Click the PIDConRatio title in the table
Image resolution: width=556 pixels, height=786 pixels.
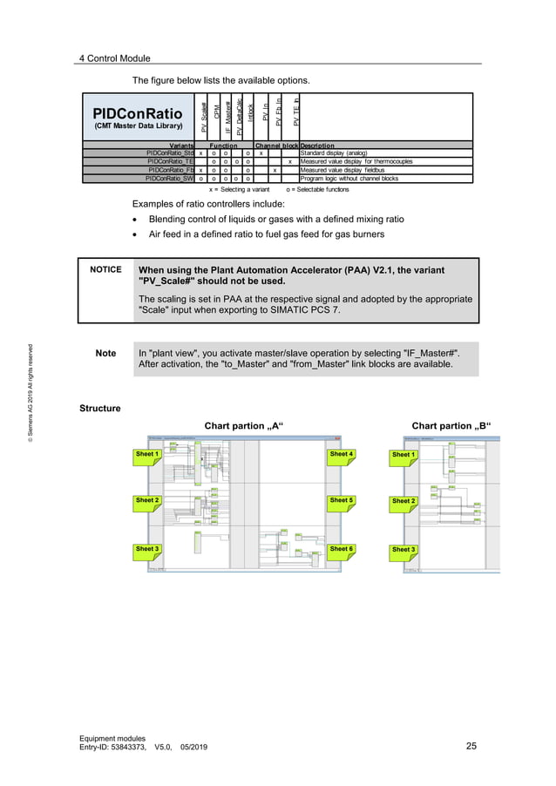138,113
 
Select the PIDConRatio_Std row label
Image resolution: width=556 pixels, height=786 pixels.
170,153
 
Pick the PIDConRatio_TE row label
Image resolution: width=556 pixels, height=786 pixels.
171,161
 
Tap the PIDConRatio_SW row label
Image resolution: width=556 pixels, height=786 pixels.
170,178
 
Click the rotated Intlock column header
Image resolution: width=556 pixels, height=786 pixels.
251,118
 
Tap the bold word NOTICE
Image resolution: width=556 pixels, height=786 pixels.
105,270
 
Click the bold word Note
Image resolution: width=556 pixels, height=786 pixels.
105,353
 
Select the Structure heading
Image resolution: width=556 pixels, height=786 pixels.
99,408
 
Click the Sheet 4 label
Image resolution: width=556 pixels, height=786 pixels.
341,454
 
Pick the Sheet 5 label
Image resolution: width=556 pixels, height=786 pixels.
341,501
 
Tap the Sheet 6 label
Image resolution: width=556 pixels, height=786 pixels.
341,549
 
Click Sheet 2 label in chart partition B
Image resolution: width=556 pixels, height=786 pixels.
403,501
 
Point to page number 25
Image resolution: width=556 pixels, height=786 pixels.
471,746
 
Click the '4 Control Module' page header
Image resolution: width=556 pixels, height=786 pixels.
114,58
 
